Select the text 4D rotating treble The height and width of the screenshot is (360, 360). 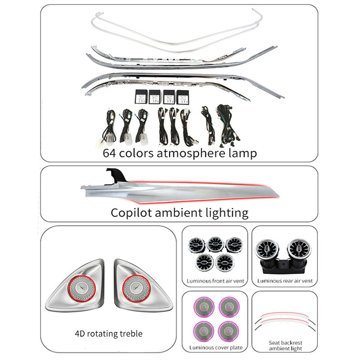pos(108,333)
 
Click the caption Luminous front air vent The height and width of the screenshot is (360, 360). pos(215,281)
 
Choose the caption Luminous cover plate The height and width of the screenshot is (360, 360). pos(215,347)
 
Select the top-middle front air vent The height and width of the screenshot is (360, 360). pos(216,244)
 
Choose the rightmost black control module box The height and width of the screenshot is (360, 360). pos(183,96)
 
